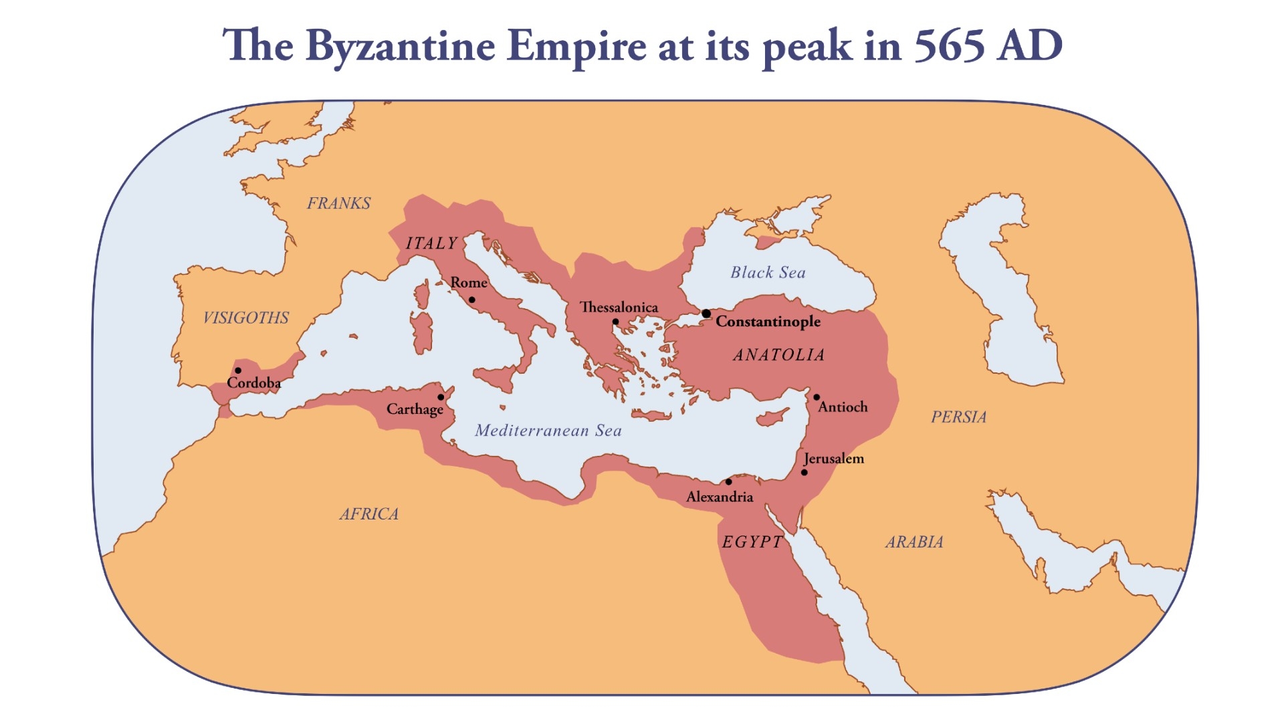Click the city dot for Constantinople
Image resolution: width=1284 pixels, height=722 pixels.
[706, 314]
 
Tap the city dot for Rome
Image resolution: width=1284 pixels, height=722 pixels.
[471, 299]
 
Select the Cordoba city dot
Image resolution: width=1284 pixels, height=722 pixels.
[237, 370]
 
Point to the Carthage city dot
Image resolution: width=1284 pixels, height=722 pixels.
[441, 397]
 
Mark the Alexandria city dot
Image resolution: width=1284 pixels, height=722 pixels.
[728, 481]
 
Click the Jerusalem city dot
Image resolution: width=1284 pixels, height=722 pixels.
[804, 473]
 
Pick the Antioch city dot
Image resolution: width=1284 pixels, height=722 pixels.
[817, 397]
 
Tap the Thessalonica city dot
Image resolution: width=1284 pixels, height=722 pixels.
[615, 322]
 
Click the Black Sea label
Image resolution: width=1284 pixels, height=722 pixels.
[768, 272]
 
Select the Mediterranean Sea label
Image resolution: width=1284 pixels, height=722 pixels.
[548, 431]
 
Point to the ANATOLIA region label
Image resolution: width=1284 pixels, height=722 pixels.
[779, 355]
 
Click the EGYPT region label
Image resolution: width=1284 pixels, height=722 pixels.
[752, 542]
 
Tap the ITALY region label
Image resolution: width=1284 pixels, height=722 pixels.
[432, 243]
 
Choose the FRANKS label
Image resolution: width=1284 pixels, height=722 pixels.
[338, 203]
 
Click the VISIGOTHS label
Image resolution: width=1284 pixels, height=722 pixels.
[246, 318]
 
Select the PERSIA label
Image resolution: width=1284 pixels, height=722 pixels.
[959, 417]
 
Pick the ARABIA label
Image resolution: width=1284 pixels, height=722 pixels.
[914, 542]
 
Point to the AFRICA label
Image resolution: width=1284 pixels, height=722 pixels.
[369, 514]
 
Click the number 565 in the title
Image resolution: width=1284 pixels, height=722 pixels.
[949, 45]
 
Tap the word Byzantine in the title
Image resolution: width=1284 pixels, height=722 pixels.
[400, 47]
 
